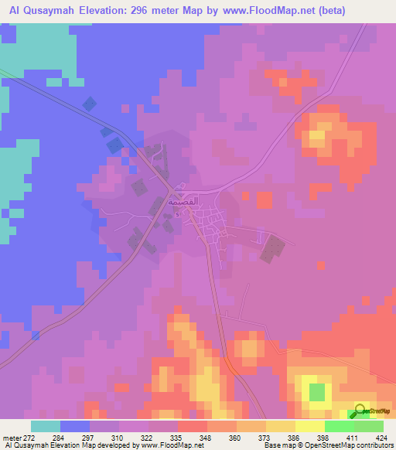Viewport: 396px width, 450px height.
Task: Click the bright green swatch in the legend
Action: tap(339, 426)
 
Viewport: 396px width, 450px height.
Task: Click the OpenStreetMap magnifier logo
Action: tap(360, 411)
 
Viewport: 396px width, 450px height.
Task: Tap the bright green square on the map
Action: tap(316, 392)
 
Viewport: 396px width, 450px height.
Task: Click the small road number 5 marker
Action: tap(177, 214)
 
